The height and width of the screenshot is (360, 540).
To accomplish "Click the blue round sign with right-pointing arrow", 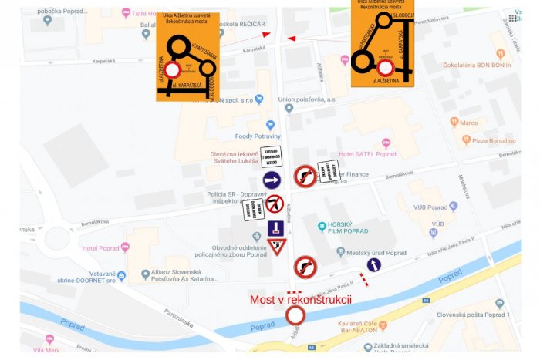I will pos(272,180).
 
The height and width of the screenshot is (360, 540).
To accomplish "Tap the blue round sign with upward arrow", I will pos(373,265).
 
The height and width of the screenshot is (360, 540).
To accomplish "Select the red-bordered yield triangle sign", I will pos(277,247).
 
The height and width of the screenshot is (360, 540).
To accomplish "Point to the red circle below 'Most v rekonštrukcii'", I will pos(295,315).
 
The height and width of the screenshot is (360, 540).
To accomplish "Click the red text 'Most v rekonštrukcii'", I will pos(300,299).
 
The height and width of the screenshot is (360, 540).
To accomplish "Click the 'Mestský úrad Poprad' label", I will pos(376,253).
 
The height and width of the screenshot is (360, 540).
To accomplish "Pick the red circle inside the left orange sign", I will pos(172,69).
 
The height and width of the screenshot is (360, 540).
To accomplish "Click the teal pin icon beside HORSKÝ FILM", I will pos(323,227).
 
